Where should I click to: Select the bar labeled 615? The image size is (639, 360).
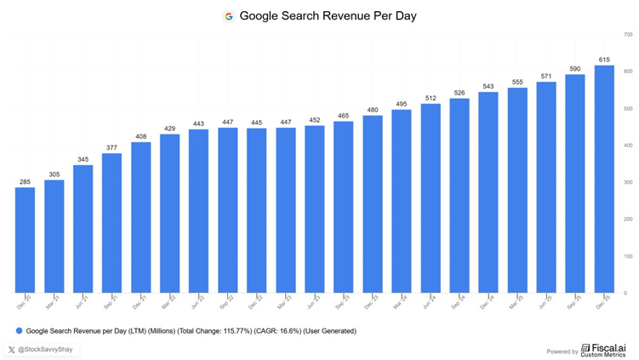tap(603, 179)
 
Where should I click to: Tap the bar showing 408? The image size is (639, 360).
tap(141, 217)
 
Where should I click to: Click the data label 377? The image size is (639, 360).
tap(112, 147)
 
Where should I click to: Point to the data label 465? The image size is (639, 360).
tap(343, 115)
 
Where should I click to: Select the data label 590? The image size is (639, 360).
tap(574, 69)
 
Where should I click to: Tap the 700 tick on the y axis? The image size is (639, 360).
tap(626, 34)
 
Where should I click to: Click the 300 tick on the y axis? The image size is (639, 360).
tap(626, 182)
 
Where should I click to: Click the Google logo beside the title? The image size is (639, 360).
tap(228, 15)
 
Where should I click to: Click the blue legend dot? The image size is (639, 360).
tap(19, 330)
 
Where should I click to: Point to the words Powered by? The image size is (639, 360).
tap(562, 350)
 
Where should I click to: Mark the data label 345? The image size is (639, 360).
tap(83, 159)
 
